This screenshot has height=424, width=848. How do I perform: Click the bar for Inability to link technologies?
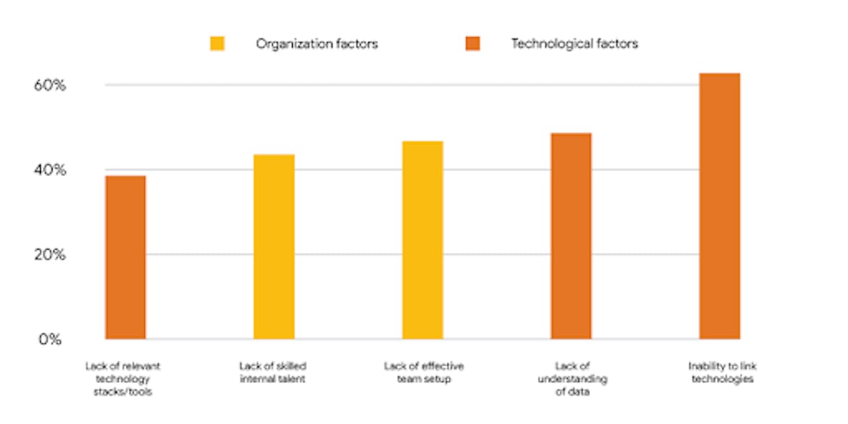click(x=719, y=206)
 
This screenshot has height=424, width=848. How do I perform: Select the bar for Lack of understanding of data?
click(x=571, y=236)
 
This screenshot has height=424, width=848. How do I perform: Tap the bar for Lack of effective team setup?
click(x=423, y=240)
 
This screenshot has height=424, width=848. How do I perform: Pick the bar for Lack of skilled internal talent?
click(x=274, y=246)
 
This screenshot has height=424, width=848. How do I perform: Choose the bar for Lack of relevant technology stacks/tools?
click(x=126, y=257)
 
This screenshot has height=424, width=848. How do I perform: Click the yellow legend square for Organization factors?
click(x=217, y=44)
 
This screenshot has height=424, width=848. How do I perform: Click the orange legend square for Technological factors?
click(x=473, y=44)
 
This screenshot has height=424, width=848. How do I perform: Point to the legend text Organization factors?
click(x=317, y=44)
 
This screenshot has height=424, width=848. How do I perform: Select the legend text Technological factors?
click(x=574, y=44)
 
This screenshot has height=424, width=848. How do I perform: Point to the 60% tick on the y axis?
click(x=50, y=85)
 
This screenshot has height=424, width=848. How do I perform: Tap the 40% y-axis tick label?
click(x=50, y=170)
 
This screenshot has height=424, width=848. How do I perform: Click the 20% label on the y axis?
click(x=50, y=255)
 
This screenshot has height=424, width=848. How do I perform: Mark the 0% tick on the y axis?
click(x=50, y=339)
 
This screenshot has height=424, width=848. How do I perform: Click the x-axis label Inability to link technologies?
click(x=722, y=372)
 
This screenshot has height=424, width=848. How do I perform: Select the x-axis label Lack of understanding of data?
click(x=572, y=379)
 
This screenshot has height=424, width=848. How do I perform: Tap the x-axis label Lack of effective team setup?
click(x=423, y=372)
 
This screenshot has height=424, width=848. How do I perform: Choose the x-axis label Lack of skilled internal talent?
click(x=272, y=372)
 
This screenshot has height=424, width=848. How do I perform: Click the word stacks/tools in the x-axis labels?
click(x=123, y=392)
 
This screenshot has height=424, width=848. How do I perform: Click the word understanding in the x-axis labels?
click(x=572, y=379)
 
